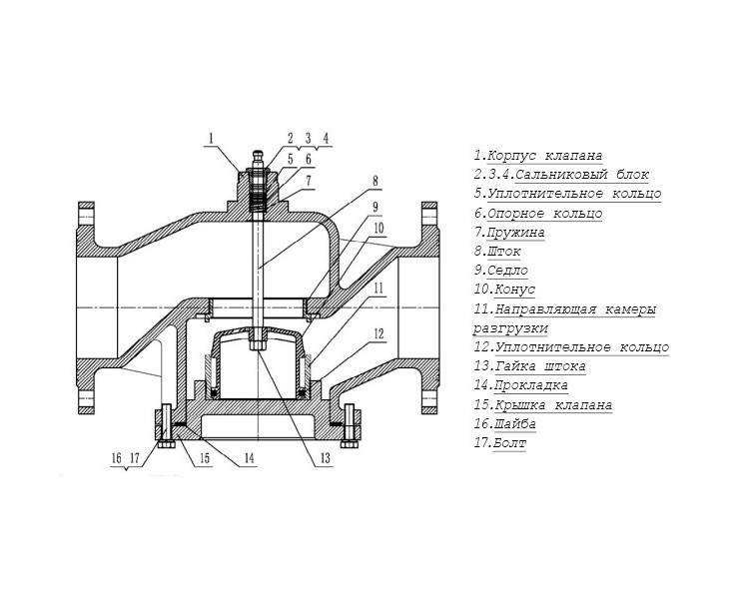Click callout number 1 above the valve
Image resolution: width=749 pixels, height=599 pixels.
[x=211, y=139]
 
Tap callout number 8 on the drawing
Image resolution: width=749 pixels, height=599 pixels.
[x=375, y=181]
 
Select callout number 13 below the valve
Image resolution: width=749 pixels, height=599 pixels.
[x=325, y=458]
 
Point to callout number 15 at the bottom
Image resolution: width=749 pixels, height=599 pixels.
[x=205, y=458]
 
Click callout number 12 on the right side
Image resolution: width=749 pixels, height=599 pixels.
[x=378, y=333]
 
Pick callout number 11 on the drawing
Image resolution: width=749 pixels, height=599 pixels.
[x=378, y=289]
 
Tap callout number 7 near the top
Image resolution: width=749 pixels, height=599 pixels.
[x=309, y=181]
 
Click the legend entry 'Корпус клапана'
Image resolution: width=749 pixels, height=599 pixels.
[x=545, y=156]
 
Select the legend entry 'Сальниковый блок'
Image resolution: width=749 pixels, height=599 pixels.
[x=582, y=175]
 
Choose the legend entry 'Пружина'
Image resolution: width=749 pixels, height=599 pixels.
[x=516, y=233]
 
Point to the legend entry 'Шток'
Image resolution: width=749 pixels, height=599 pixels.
[x=504, y=252]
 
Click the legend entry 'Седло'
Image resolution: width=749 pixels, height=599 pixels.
[x=507, y=271]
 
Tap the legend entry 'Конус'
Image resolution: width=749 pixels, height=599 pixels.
[x=515, y=290]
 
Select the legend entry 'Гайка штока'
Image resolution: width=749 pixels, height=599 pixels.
[x=540, y=366]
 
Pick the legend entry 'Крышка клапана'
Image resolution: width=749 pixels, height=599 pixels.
[x=553, y=405]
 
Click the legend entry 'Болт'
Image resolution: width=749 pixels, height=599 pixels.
[x=509, y=443]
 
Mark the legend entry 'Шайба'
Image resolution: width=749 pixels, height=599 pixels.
[x=515, y=423]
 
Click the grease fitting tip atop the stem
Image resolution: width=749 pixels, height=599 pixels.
[x=258, y=154]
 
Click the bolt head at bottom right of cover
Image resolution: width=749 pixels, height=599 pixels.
[x=349, y=444]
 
